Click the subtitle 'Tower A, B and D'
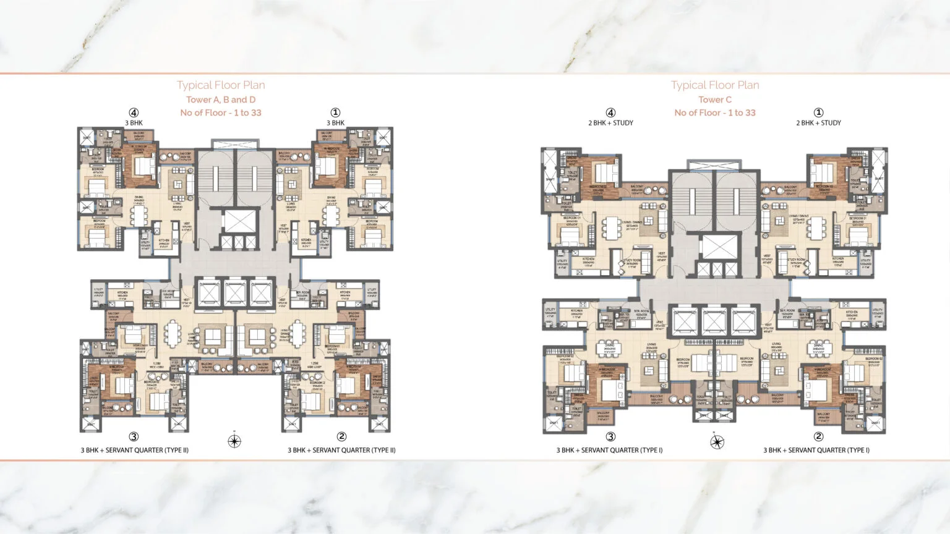click(221, 100)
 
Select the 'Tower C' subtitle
click(715, 100)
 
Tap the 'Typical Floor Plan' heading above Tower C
click(715, 85)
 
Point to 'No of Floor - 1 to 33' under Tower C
click(715, 112)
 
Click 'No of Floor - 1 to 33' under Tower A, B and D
click(221, 112)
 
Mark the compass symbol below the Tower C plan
click(717, 441)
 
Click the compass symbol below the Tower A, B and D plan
click(234, 441)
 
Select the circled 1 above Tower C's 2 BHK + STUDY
click(818, 112)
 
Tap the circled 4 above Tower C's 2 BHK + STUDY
click(610, 112)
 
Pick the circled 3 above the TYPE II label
click(134, 437)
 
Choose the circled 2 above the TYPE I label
click(818, 437)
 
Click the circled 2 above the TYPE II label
click(341, 437)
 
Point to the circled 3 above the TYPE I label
click(610, 437)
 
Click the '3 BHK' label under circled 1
click(335, 123)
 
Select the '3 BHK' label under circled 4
click(134, 123)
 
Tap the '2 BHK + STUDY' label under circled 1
click(818, 123)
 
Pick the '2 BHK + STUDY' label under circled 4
click(610, 123)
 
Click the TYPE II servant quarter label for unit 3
click(134, 450)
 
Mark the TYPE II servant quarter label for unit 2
click(341, 450)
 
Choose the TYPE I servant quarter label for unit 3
click(609, 450)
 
